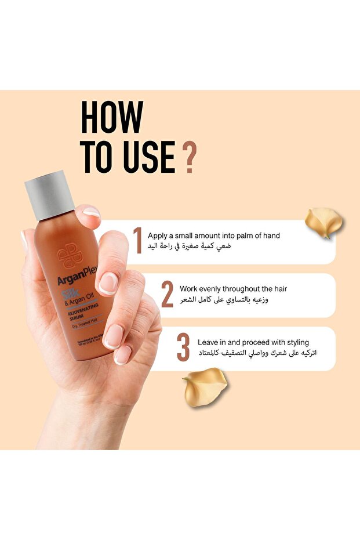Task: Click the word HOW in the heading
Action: tap(111, 117)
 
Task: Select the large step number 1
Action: tap(137, 241)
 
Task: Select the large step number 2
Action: tap(167, 294)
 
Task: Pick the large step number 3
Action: tap(183, 347)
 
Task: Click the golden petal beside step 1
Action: tap(323, 222)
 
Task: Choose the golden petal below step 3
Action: tap(205, 387)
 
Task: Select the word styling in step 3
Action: tap(296, 342)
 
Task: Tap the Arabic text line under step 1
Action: tap(190, 247)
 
